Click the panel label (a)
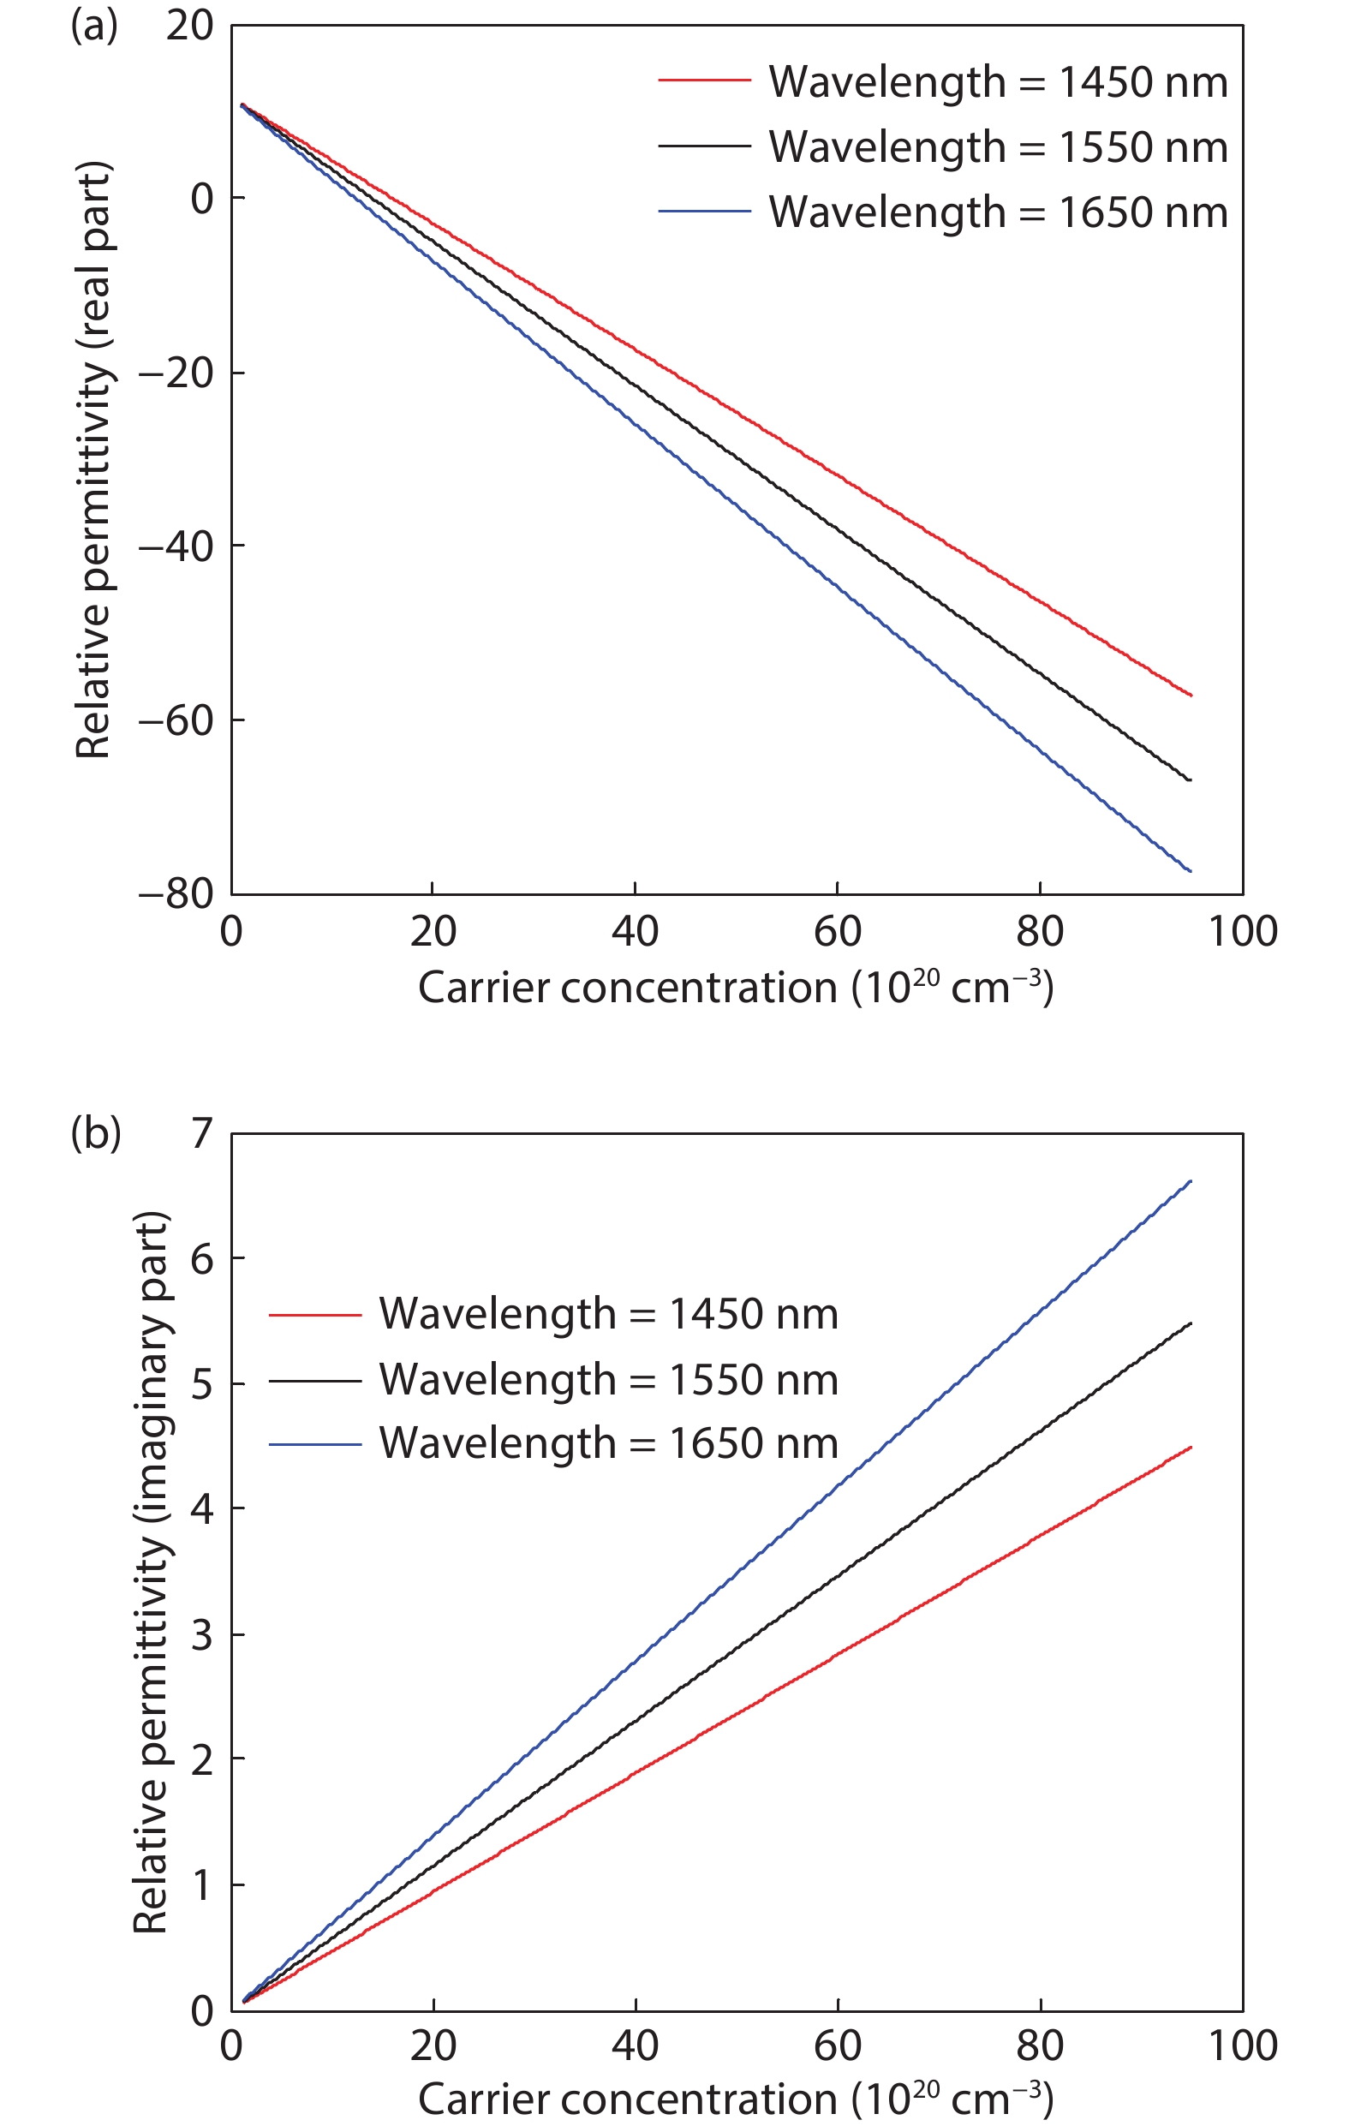point(93,27)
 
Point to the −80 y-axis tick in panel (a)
point(176,893)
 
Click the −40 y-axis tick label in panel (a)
point(176,546)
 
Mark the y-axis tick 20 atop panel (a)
point(190,27)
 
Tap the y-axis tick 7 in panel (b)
point(202,1132)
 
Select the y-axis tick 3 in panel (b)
point(202,1635)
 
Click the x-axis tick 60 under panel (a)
point(837,932)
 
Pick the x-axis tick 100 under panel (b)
point(1242,2045)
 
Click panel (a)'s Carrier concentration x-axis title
point(736,988)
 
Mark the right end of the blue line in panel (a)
point(1191,871)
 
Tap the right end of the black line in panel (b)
point(1191,1323)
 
